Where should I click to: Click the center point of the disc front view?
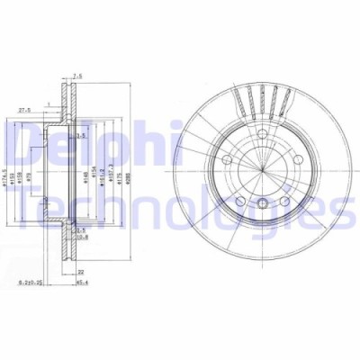click(x=260, y=171)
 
